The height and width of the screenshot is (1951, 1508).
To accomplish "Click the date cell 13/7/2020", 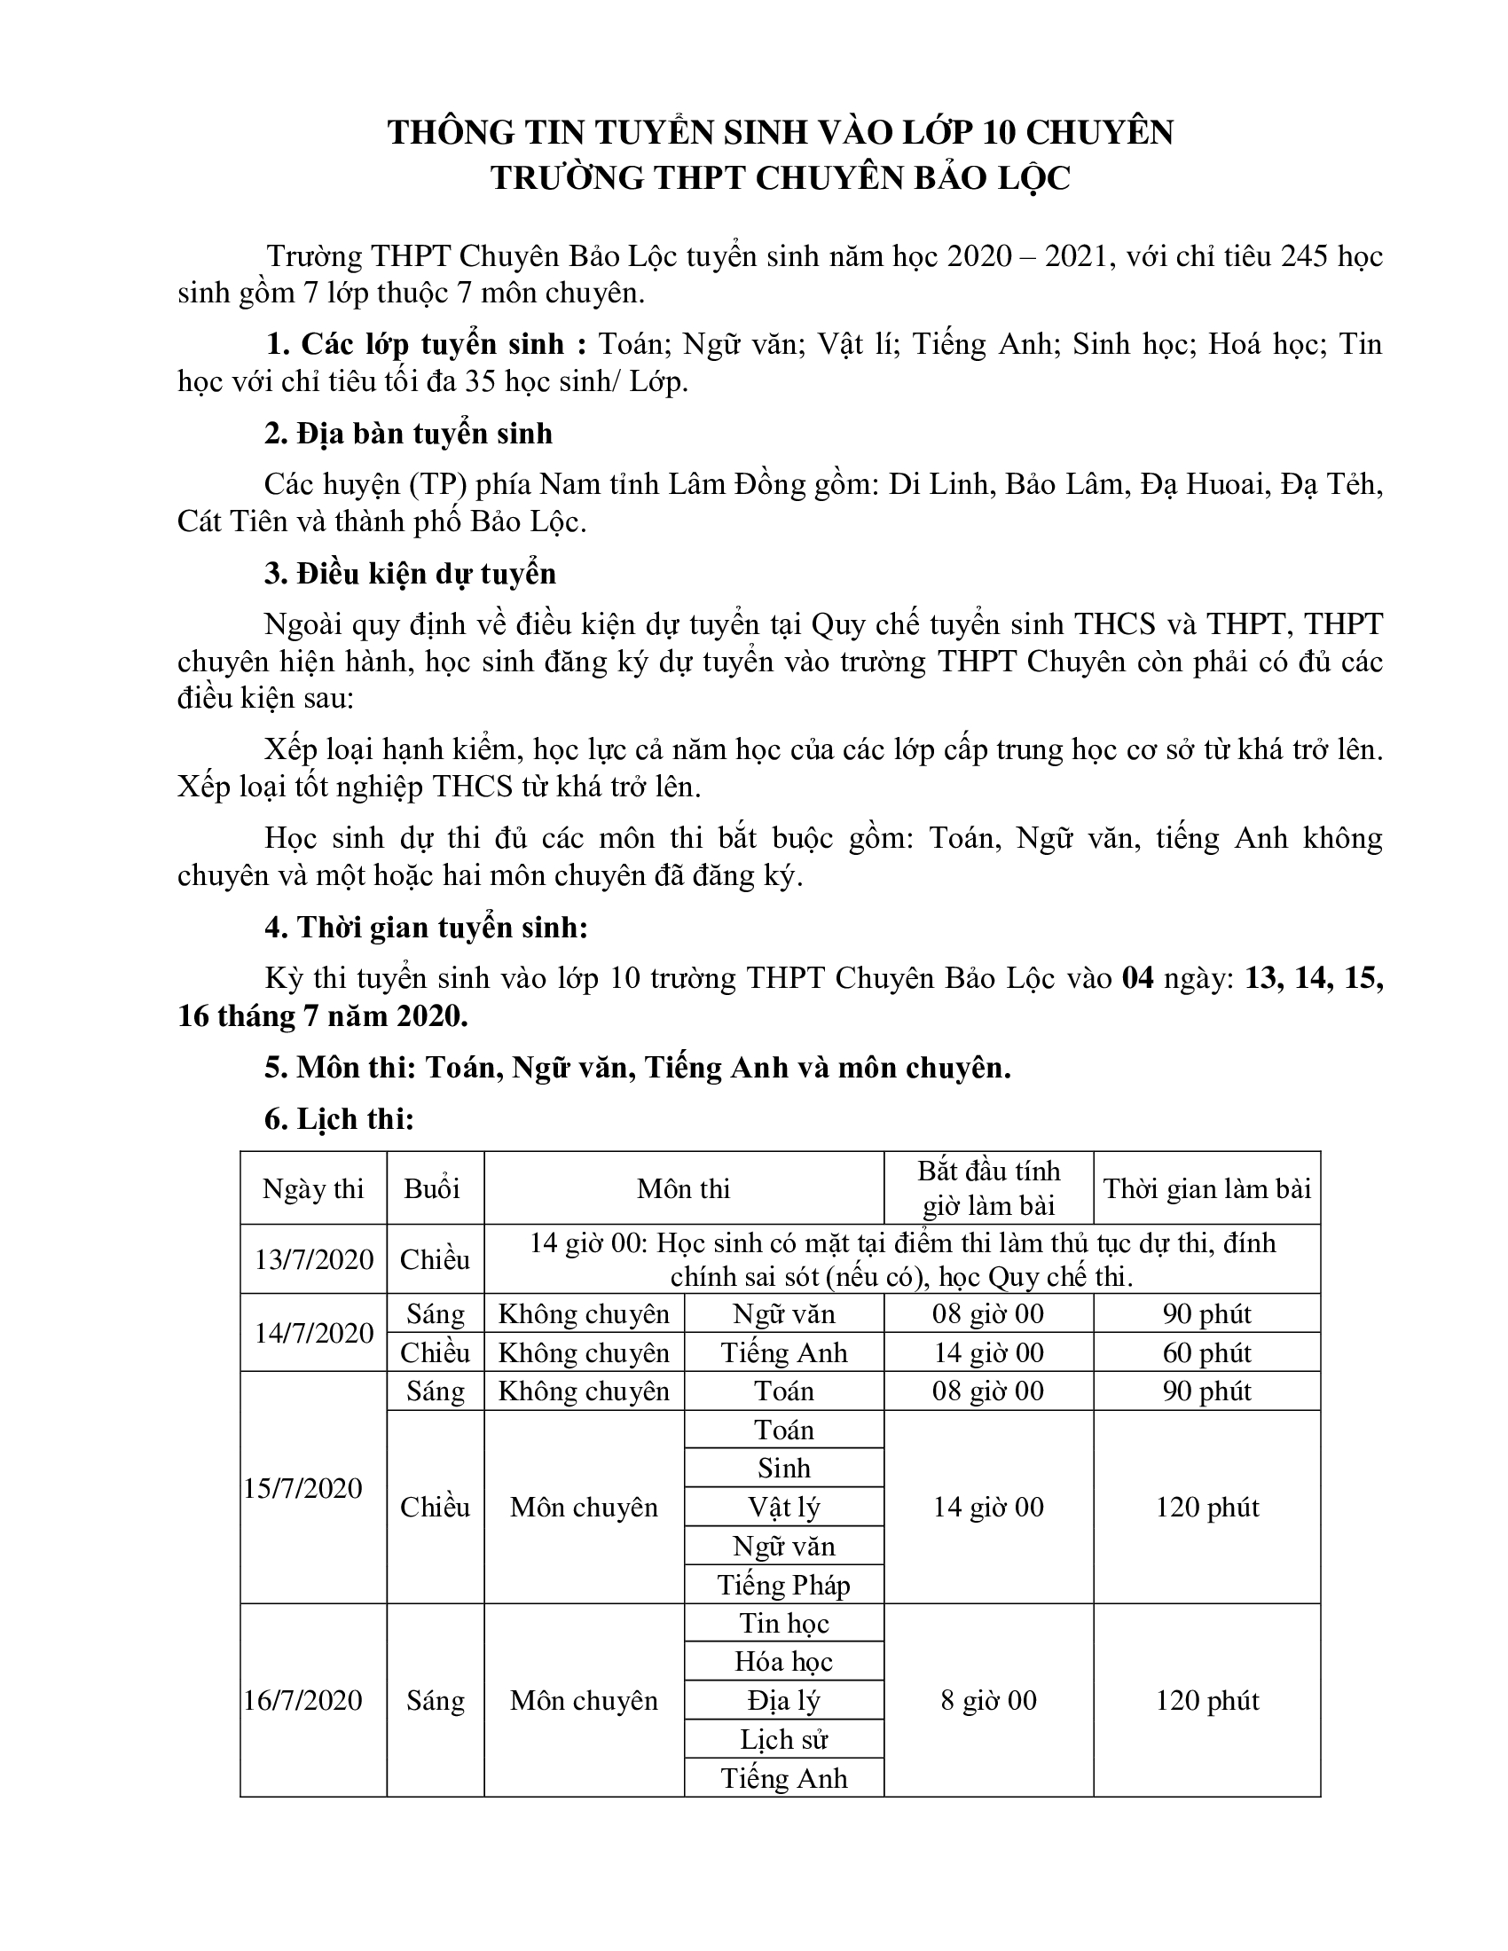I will [x=313, y=1258].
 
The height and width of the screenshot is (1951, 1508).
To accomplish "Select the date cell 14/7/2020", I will [x=313, y=1333].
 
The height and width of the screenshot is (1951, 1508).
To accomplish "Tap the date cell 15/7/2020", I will [x=303, y=1487].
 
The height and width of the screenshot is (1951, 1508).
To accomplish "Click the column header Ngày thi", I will [x=313, y=1188].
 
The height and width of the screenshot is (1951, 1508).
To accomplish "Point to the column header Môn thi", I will [x=683, y=1188].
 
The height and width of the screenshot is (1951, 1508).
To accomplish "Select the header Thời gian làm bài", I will [x=1207, y=1188].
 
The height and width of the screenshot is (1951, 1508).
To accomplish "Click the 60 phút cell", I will [x=1207, y=1352].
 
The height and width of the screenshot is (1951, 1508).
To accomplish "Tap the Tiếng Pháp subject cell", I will [x=783, y=1585].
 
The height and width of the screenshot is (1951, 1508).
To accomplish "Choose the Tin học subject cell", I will [x=783, y=1622].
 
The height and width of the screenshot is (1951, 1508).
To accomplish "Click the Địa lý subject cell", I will [x=783, y=1700].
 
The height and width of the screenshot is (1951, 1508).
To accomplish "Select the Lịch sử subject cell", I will [x=783, y=1739].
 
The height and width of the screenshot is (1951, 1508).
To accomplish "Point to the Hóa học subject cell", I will [x=783, y=1661].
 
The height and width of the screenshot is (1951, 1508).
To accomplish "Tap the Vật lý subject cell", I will [x=783, y=1507].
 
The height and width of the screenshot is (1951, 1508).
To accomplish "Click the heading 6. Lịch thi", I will [x=339, y=1118].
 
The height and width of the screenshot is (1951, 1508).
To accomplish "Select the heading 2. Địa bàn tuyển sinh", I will [x=408, y=434].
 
